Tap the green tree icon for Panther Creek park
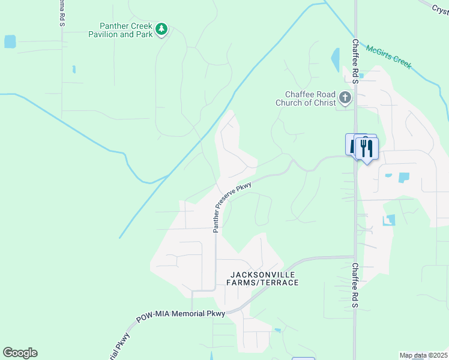click(x=161, y=29)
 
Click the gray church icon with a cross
click(x=345, y=97)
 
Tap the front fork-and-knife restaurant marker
click(x=367, y=148)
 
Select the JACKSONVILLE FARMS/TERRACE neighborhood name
click(x=262, y=278)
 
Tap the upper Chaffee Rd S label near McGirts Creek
click(x=355, y=58)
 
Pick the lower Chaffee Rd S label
click(x=355, y=286)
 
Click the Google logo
click(x=20, y=353)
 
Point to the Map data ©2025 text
click(x=423, y=355)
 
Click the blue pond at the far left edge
click(x=10, y=41)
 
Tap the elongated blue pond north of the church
click(x=334, y=59)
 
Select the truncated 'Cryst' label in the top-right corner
click(x=440, y=8)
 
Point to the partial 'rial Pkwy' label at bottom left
click(x=119, y=347)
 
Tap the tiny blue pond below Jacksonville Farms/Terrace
click(x=277, y=330)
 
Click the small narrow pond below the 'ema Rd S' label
click(x=74, y=69)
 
